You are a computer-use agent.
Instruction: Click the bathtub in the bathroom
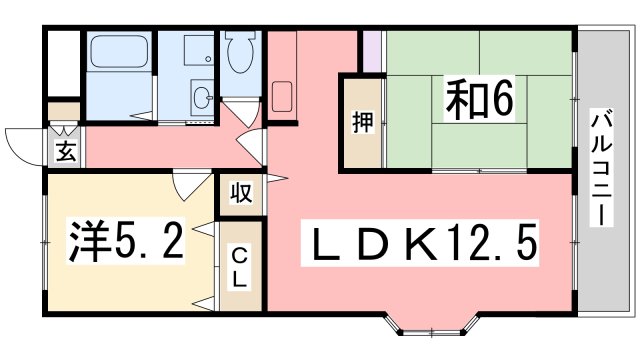pyautogui.click(x=119, y=51)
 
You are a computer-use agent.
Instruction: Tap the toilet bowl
pyautogui.click(x=241, y=53)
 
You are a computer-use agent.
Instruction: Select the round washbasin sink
pyautogui.click(x=203, y=98)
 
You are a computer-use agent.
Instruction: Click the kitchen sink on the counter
pyautogui.click(x=282, y=96)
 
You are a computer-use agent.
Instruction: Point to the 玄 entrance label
pyautogui.click(x=66, y=151)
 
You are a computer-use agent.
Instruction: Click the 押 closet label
pyautogui.click(x=362, y=122)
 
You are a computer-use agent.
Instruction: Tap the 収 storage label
pyautogui.click(x=241, y=193)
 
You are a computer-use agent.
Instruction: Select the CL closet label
pyautogui.click(x=240, y=269)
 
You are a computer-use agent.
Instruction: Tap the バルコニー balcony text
pyautogui.click(x=602, y=170)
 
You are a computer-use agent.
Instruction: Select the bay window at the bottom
pyautogui.click(x=432, y=324)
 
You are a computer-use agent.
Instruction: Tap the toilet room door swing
pyautogui.click(x=244, y=111)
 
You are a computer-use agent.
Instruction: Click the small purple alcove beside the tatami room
pyautogui.click(x=372, y=51)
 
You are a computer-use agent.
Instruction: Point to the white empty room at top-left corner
pyautogui.click(x=64, y=63)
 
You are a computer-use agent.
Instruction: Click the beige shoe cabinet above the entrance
pyautogui.click(x=64, y=111)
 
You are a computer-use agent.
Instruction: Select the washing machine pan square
pyautogui.click(x=199, y=50)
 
